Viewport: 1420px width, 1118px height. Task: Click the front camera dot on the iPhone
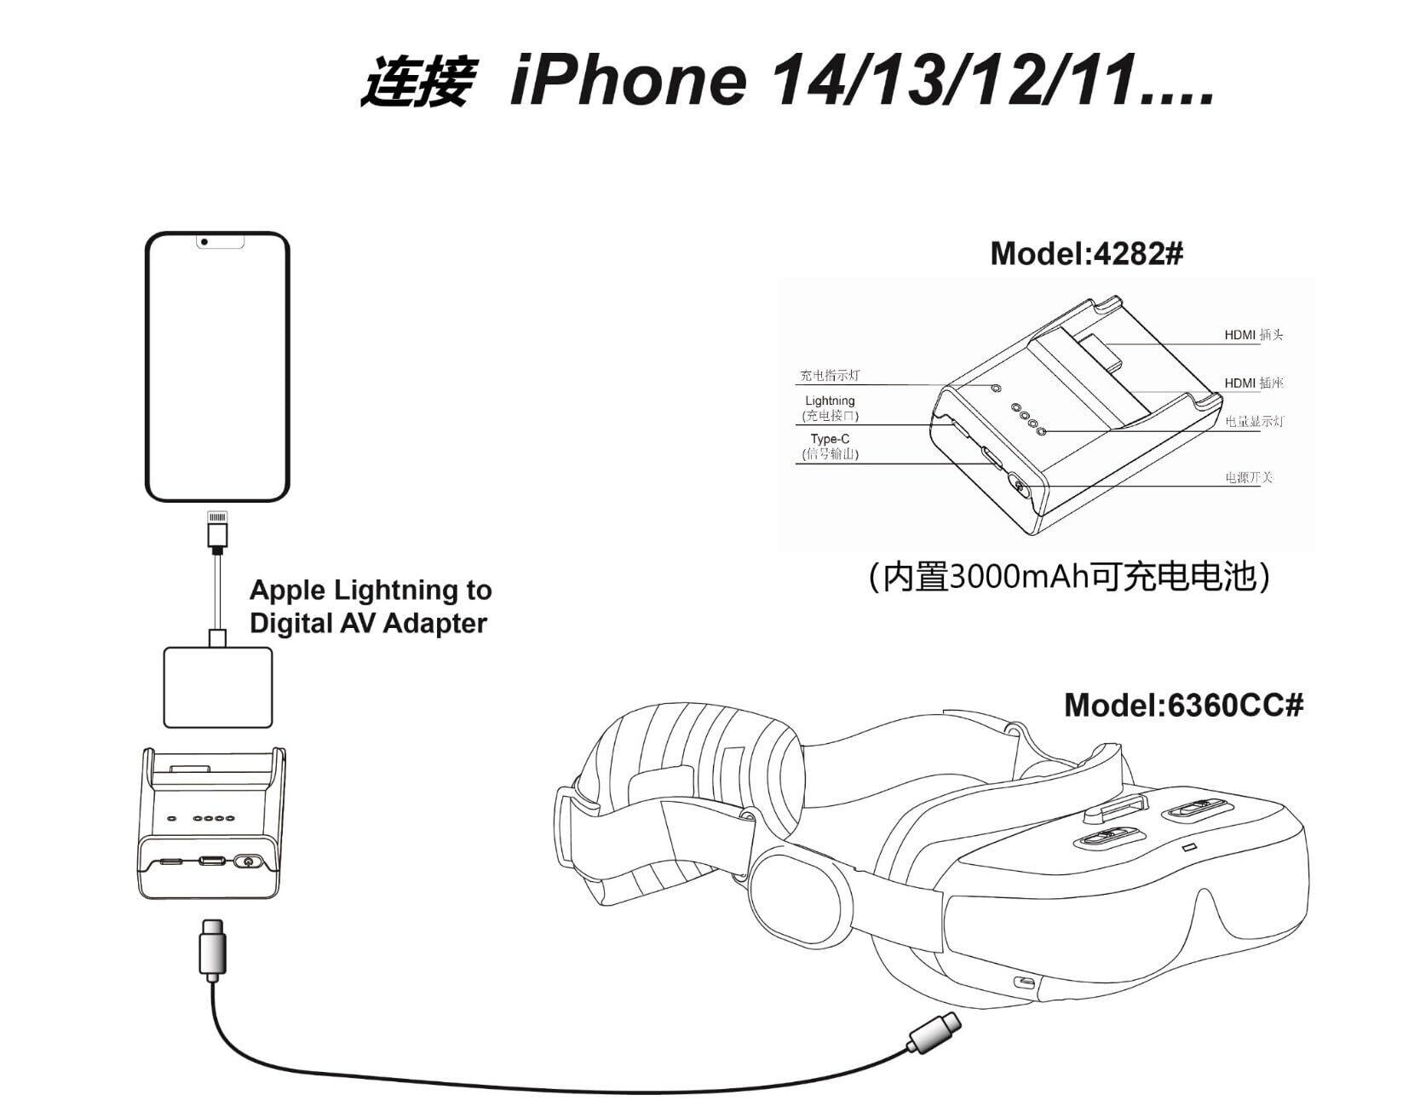coord(204,242)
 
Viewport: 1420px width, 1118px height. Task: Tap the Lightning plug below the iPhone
coord(217,529)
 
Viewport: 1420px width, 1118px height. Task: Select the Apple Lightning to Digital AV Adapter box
coord(218,687)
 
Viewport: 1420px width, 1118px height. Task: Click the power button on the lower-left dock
coord(248,862)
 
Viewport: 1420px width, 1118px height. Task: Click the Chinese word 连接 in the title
coord(416,83)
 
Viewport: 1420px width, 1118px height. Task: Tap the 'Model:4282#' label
coord(1086,253)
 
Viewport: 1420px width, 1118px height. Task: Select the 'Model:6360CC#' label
coord(1183,705)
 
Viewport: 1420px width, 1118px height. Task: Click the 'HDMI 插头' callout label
coord(1253,335)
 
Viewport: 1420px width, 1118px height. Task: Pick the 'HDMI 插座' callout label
coord(1253,383)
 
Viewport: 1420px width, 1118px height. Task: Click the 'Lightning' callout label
coord(830,401)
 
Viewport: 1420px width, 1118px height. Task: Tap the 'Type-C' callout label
coord(830,439)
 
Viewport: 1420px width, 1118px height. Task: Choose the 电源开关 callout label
coord(1248,477)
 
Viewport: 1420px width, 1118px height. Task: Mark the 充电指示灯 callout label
coord(830,376)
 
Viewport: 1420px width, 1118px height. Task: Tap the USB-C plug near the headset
coord(934,1033)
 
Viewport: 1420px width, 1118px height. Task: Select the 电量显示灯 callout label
coord(1254,421)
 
